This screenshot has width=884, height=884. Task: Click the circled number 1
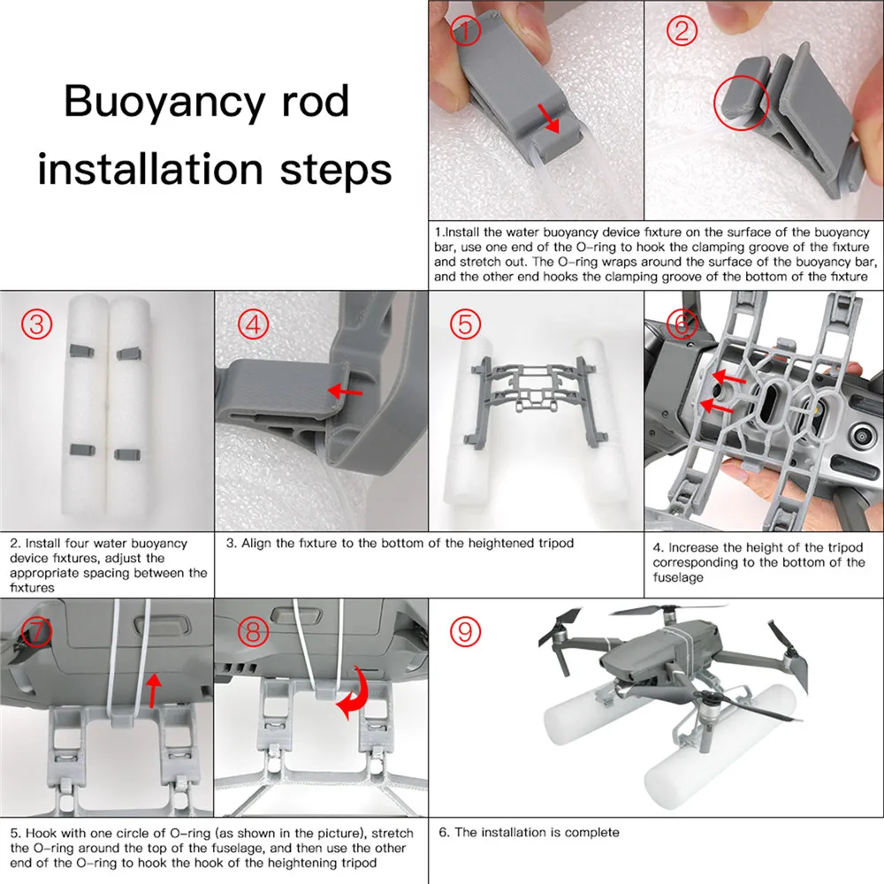click(x=465, y=30)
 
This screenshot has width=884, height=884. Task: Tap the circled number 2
click(x=682, y=30)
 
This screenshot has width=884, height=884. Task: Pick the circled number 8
click(x=253, y=631)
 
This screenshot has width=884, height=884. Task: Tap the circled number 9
click(x=465, y=631)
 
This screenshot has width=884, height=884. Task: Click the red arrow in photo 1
click(x=549, y=118)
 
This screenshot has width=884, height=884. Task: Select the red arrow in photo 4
click(x=345, y=391)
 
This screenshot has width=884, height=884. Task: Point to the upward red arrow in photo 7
click(x=153, y=690)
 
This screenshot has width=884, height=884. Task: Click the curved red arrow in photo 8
click(x=354, y=693)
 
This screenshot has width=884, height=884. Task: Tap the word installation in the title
click(x=150, y=169)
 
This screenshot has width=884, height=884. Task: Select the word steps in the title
click(x=336, y=171)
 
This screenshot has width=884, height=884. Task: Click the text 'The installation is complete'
click(x=537, y=832)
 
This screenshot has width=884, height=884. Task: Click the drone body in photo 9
click(x=659, y=654)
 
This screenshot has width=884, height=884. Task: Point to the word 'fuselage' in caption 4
click(x=678, y=577)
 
